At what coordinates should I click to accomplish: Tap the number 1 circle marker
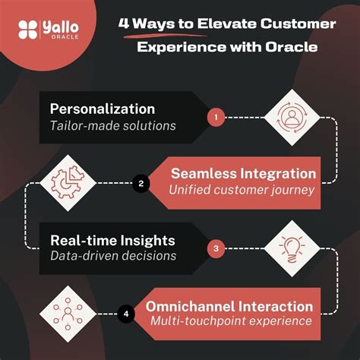216,118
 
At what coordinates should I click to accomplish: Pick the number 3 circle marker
216,247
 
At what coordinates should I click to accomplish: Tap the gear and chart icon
65,182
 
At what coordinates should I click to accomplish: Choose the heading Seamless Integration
244,173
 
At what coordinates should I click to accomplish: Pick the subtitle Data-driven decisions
113,255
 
